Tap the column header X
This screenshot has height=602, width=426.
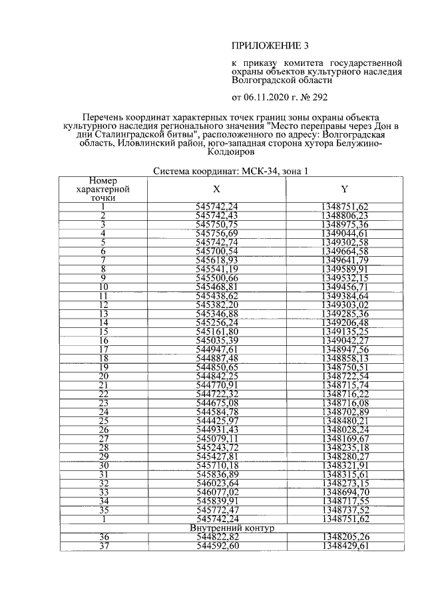(217, 189)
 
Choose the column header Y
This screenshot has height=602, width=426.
(344, 189)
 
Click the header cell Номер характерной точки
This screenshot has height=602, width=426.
(103, 189)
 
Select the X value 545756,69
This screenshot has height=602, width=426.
(217, 233)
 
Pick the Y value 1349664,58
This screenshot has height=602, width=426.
(345, 251)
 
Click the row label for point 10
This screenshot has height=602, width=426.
(103, 287)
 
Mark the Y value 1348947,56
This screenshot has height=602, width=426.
(345, 349)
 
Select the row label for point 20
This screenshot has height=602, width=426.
(103, 376)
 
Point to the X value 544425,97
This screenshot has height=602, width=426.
(217, 420)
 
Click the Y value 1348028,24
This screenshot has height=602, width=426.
(345, 430)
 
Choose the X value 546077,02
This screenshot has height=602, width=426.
(217, 492)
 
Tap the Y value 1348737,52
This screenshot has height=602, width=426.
(345, 510)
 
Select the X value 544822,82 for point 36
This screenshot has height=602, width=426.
(217, 536)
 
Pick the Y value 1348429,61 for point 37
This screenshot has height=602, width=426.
(345, 545)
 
